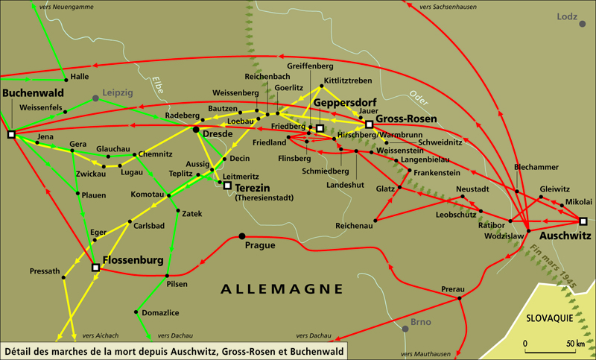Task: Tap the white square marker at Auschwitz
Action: [x=583, y=221]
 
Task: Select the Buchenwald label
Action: [x=33, y=93]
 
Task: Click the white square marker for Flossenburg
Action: [x=95, y=268]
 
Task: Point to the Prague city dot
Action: [x=241, y=236]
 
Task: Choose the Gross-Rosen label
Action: [x=405, y=119]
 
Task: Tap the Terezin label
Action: [x=255, y=188]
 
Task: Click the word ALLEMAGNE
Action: [x=282, y=288]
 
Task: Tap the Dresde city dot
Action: [x=196, y=130]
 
